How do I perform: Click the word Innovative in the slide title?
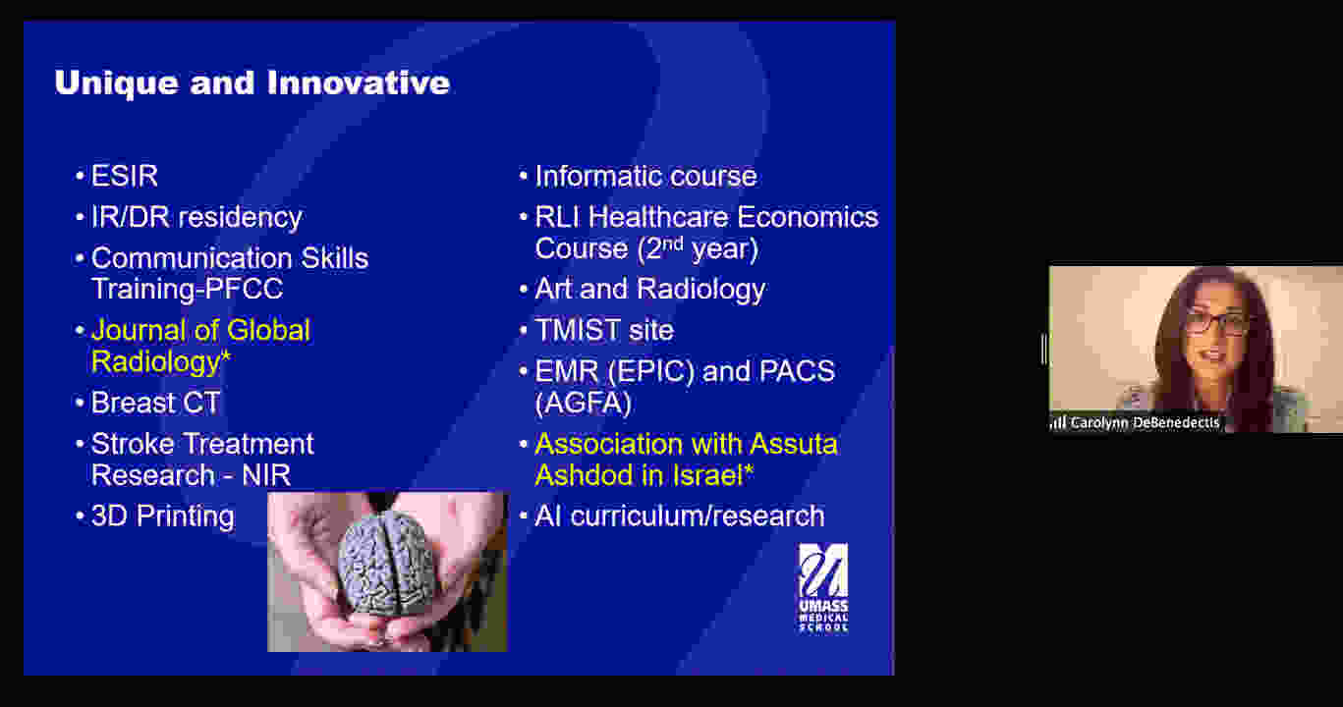358,82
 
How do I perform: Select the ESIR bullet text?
125,176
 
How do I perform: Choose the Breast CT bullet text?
156,403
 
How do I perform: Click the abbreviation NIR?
266,475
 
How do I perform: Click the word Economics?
808,217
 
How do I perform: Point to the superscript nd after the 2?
673,243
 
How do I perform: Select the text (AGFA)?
583,404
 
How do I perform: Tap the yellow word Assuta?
793,445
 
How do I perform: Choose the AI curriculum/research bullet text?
679,517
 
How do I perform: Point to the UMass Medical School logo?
823,588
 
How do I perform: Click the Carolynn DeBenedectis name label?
1145,423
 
